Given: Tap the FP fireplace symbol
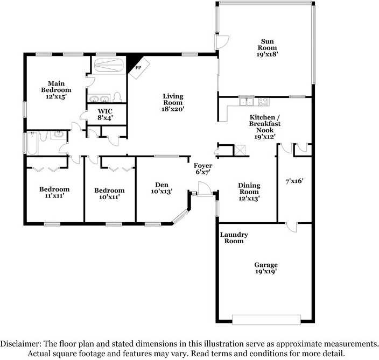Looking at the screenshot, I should (138, 68).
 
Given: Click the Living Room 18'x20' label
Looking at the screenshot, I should (173, 102).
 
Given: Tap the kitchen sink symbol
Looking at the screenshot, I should (247, 101).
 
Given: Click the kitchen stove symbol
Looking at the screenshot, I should (263, 101).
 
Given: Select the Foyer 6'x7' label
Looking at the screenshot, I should (203, 169).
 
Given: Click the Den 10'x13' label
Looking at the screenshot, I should (161, 187).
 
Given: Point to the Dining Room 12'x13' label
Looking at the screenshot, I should (249, 192).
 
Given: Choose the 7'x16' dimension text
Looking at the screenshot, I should (294, 181).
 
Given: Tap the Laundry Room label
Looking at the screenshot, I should (234, 238).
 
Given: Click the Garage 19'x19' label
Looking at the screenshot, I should (266, 268).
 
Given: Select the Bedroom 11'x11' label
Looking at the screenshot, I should (54, 193).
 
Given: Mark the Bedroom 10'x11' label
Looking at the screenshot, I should (109, 194).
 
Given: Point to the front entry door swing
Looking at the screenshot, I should (204, 189).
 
